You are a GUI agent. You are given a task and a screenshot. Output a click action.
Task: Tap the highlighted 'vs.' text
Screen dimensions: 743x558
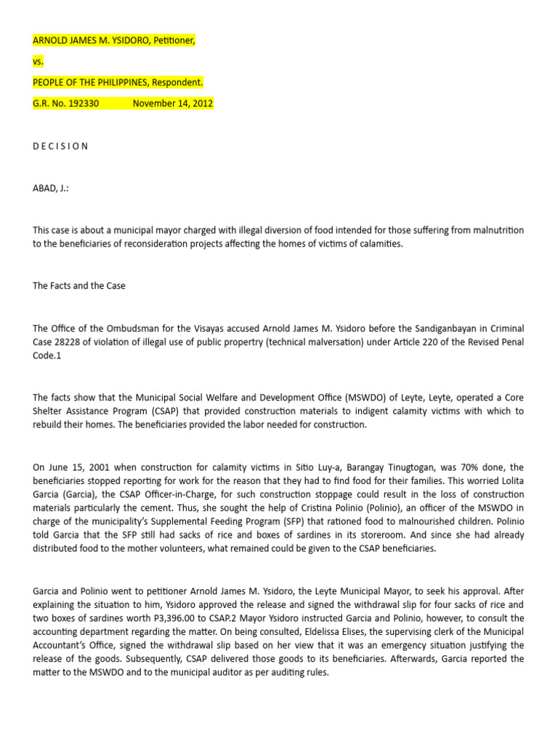pos(39,61)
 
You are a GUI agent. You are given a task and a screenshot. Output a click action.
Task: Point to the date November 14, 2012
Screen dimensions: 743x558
pos(172,103)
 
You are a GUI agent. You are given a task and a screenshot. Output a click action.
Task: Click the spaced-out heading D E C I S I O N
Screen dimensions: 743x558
pos(60,146)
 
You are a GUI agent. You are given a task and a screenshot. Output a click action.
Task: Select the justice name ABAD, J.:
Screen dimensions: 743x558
pos(51,188)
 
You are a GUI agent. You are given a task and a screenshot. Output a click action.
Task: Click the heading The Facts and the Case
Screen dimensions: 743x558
pos(78,286)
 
